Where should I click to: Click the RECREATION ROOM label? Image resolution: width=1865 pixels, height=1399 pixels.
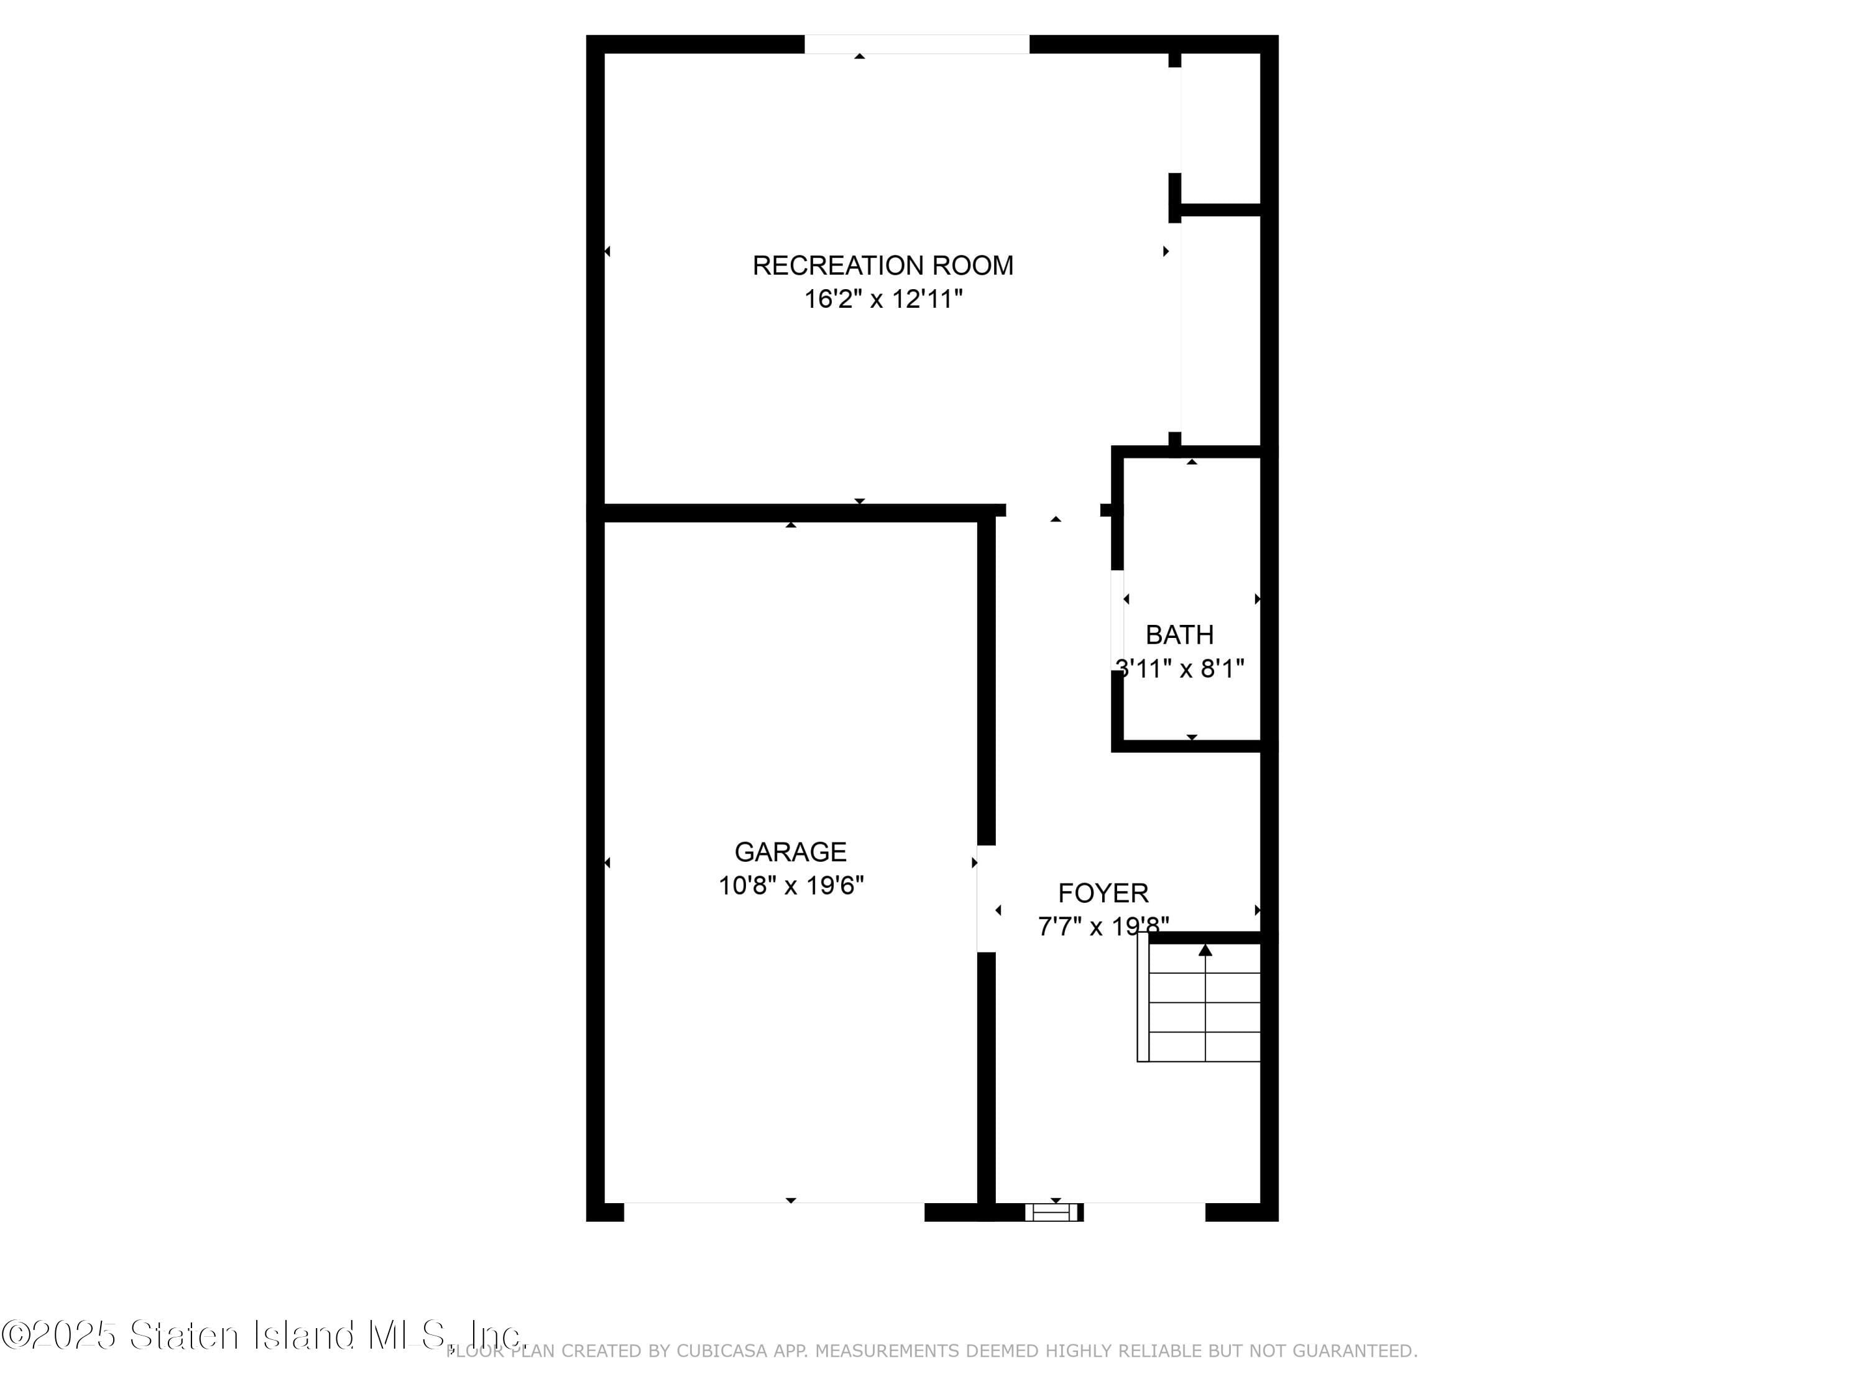tap(883, 265)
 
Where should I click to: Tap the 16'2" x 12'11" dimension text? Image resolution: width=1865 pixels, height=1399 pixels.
tap(883, 299)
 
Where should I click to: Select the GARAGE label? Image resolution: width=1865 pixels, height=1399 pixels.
tap(790, 852)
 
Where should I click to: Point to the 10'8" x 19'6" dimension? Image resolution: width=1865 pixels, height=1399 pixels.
tap(790, 885)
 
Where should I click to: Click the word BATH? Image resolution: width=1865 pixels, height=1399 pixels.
tap(1179, 634)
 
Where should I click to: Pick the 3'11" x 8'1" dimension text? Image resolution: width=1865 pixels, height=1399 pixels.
tap(1179, 668)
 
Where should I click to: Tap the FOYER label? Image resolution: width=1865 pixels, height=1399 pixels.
tap(1103, 893)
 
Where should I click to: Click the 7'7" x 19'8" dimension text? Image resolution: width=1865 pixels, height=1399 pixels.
tap(1102, 927)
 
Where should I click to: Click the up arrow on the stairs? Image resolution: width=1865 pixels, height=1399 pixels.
tap(1205, 950)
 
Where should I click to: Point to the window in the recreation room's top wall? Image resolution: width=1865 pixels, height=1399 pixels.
tap(916, 44)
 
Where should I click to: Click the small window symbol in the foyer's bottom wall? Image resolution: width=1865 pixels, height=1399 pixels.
tap(1053, 1212)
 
